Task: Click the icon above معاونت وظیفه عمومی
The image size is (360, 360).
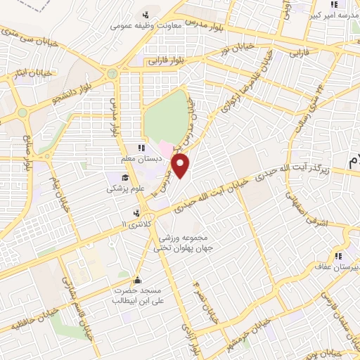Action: [146, 15]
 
